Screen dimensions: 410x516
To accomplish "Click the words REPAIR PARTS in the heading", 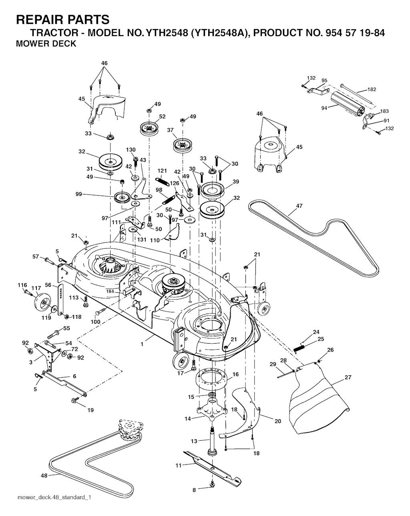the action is (62, 20).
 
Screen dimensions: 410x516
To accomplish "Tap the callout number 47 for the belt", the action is (299, 206).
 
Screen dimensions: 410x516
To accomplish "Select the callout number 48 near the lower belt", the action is (44, 476).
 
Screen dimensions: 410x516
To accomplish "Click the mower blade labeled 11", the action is (213, 466).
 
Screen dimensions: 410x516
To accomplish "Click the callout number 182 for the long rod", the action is (372, 89).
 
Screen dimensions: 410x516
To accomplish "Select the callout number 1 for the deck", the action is (142, 344).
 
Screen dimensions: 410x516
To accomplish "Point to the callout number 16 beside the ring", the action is (235, 374).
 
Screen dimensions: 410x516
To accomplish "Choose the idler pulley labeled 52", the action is (149, 128).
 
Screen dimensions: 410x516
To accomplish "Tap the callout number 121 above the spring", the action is (162, 171).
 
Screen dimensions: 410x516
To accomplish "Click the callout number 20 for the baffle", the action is (278, 421).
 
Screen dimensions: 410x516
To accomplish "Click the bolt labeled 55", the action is (55, 333).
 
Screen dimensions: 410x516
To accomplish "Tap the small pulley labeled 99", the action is (122, 198).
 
